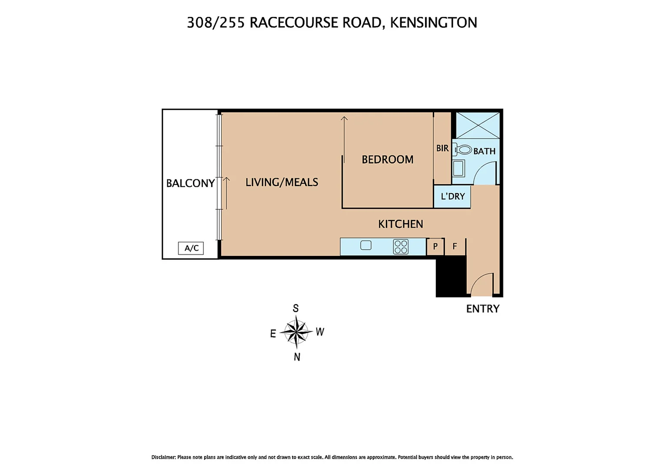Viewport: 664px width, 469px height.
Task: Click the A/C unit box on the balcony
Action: tap(191, 248)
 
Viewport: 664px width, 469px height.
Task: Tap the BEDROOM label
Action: tap(387, 159)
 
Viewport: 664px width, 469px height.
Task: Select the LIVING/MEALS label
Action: tap(282, 182)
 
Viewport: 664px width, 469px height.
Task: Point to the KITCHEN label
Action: tap(400, 224)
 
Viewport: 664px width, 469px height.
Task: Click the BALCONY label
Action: tap(190, 183)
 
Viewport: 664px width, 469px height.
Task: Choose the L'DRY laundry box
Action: tap(452, 196)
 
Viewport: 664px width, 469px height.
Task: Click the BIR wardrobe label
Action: tap(442, 148)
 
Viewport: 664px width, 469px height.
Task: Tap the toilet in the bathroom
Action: tap(464, 150)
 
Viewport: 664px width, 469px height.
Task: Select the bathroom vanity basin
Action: tap(458, 168)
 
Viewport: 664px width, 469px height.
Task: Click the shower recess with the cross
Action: tap(478, 126)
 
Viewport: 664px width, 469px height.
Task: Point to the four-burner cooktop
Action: tap(401, 247)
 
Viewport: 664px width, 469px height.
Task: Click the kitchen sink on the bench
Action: tap(366, 245)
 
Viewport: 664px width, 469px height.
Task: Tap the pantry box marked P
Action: tap(435, 246)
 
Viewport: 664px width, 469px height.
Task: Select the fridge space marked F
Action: tap(455, 246)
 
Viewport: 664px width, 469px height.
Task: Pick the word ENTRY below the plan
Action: tap(482, 309)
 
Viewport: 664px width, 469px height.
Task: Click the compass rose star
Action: tap(296, 332)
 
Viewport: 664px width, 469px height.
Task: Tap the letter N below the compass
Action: tap(297, 357)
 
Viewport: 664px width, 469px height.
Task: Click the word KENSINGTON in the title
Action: tap(433, 23)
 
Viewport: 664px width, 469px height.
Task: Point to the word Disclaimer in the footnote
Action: tap(163, 457)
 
